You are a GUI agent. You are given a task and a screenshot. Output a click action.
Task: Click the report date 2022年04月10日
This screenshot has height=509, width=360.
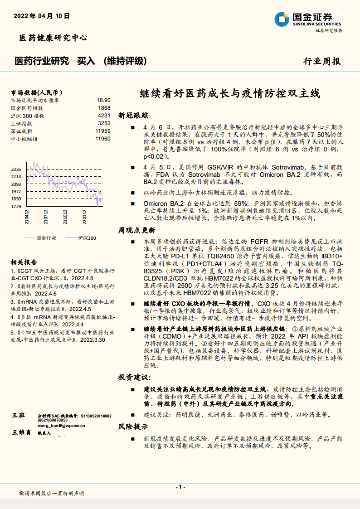tap(42, 16)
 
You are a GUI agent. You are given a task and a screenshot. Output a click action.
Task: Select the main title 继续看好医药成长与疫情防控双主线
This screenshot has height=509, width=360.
tap(229, 94)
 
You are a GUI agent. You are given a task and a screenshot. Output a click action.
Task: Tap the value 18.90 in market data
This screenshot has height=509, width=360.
tap(103, 100)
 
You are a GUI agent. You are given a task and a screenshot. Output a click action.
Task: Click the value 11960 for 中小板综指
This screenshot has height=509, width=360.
tap(103, 138)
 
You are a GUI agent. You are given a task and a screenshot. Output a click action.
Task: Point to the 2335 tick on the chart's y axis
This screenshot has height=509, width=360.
tap(17, 169)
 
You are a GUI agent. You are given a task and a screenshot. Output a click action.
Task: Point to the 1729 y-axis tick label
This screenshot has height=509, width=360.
tap(17, 206)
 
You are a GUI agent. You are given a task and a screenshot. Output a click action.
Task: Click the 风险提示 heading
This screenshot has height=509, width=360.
tap(133, 426)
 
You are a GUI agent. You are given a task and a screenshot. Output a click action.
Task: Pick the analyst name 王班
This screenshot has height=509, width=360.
tap(19, 415)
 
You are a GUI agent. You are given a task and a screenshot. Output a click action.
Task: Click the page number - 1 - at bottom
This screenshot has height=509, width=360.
tap(180, 486)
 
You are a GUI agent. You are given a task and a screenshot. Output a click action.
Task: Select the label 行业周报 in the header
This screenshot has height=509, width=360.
tap(322, 62)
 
